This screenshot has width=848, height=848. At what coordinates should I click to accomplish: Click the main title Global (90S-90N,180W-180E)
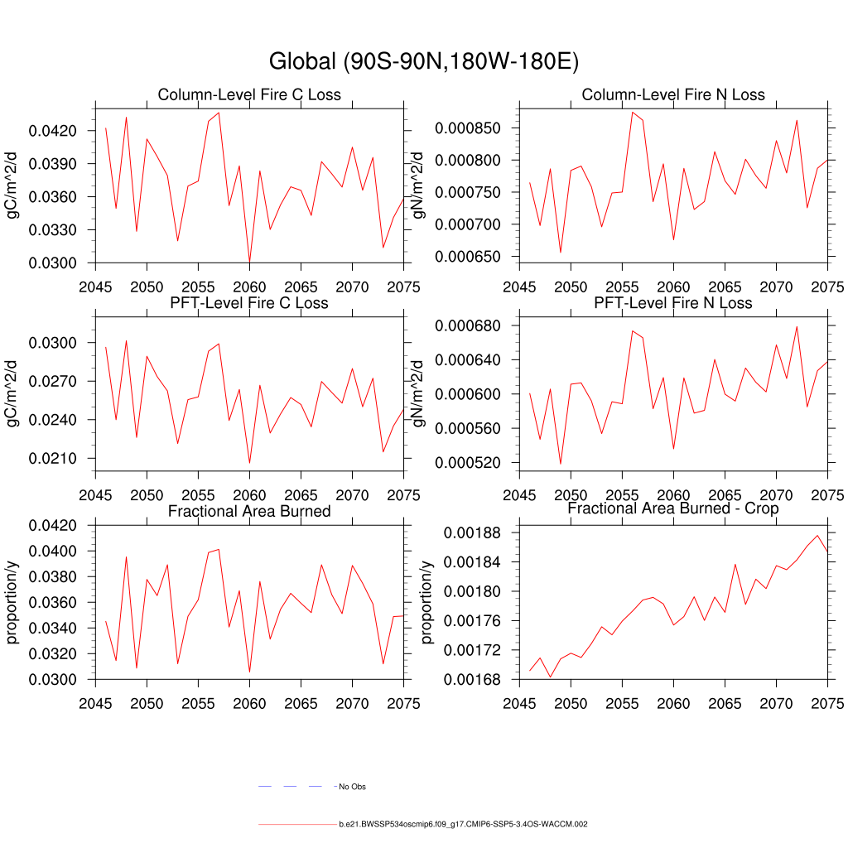tap(423, 61)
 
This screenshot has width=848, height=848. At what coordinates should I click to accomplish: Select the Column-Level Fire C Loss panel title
tap(249, 94)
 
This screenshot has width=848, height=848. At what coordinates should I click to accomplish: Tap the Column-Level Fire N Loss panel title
tap(673, 94)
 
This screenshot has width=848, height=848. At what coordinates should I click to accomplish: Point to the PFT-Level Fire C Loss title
tap(249, 303)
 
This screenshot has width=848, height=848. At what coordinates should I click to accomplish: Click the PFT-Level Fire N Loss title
tap(673, 303)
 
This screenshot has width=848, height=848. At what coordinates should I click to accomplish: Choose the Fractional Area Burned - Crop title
tap(673, 508)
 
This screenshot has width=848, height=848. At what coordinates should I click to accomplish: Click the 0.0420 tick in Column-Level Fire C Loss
tap(53, 131)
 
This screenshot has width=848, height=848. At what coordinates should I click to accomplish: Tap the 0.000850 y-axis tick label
tap(468, 128)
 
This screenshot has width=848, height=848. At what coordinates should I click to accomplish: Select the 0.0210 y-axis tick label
tap(53, 459)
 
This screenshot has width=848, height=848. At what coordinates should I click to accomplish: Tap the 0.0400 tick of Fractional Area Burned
tap(53, 552)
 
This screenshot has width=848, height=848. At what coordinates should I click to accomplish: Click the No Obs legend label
tap(352, 786)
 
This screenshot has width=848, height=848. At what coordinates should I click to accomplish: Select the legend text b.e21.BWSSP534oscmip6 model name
tap(463, 825)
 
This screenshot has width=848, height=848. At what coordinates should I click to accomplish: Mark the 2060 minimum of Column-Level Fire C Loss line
tap(249, 262)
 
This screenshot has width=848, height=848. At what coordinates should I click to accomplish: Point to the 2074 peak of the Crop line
tap(817, 536)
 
